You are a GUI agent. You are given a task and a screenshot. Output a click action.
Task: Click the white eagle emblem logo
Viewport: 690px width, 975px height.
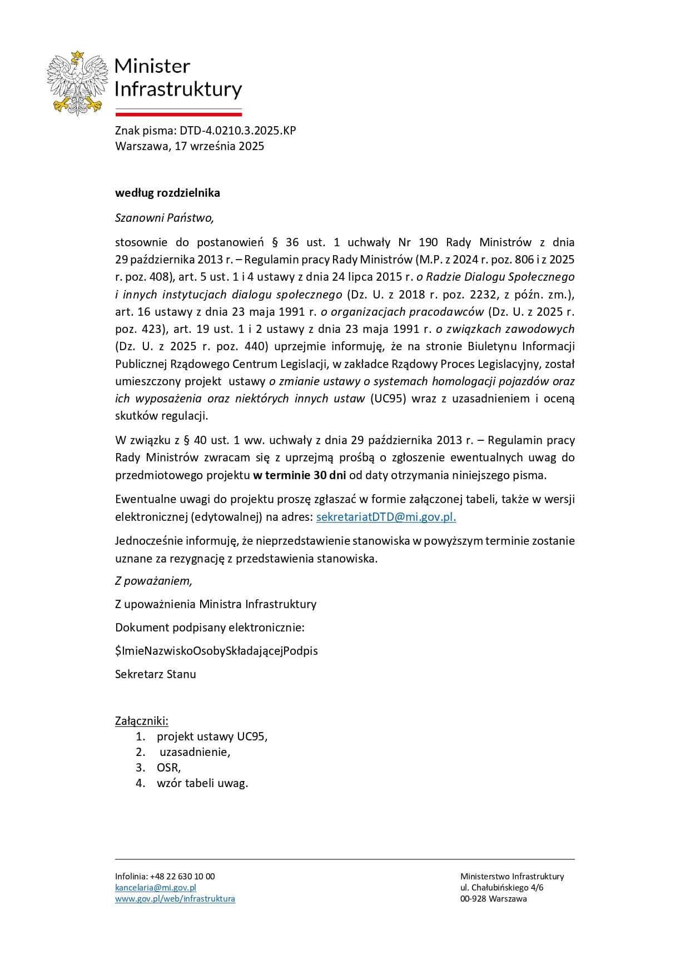(x=77, y=83)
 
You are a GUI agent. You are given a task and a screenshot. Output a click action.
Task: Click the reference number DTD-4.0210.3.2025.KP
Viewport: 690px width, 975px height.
(x=237, y=131)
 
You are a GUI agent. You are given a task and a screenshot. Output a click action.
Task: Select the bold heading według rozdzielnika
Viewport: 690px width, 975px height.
(x=167, y=193)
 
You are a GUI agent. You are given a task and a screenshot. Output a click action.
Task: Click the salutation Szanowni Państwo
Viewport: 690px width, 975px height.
(x=164, y=218)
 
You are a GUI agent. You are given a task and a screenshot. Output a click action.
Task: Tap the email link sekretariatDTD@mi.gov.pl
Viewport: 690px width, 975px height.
(x=386, y=517)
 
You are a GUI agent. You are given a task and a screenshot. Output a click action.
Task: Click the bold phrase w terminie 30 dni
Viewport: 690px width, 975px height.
(x=299, y=475)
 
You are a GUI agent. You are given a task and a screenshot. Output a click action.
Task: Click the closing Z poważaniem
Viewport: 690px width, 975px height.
(x=153, y=581)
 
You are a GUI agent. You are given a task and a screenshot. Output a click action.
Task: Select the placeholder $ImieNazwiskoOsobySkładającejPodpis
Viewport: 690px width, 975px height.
(x=216, y=651)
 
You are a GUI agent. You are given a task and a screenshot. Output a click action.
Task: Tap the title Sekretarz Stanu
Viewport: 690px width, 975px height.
(x=155, y=674)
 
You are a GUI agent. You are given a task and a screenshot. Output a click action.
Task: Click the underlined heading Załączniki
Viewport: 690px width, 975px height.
(x=141, y=721)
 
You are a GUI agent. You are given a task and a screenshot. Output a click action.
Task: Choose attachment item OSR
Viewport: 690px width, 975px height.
(x=168, y=768)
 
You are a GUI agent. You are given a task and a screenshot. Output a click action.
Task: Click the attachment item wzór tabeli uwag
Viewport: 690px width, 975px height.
(x=202, y=783)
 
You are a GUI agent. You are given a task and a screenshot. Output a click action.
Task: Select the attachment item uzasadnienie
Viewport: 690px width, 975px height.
(x=195, y=752)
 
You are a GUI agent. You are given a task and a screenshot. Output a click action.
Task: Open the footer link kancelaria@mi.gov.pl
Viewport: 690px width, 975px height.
(x=156, y=888)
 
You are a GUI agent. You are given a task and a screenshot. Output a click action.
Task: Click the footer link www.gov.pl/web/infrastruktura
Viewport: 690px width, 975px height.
(x=175, y=899)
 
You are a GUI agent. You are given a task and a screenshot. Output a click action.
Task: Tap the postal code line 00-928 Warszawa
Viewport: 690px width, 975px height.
(x=493, y=899)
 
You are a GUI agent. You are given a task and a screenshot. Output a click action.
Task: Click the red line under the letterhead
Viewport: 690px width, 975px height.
(x=178, y=115)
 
